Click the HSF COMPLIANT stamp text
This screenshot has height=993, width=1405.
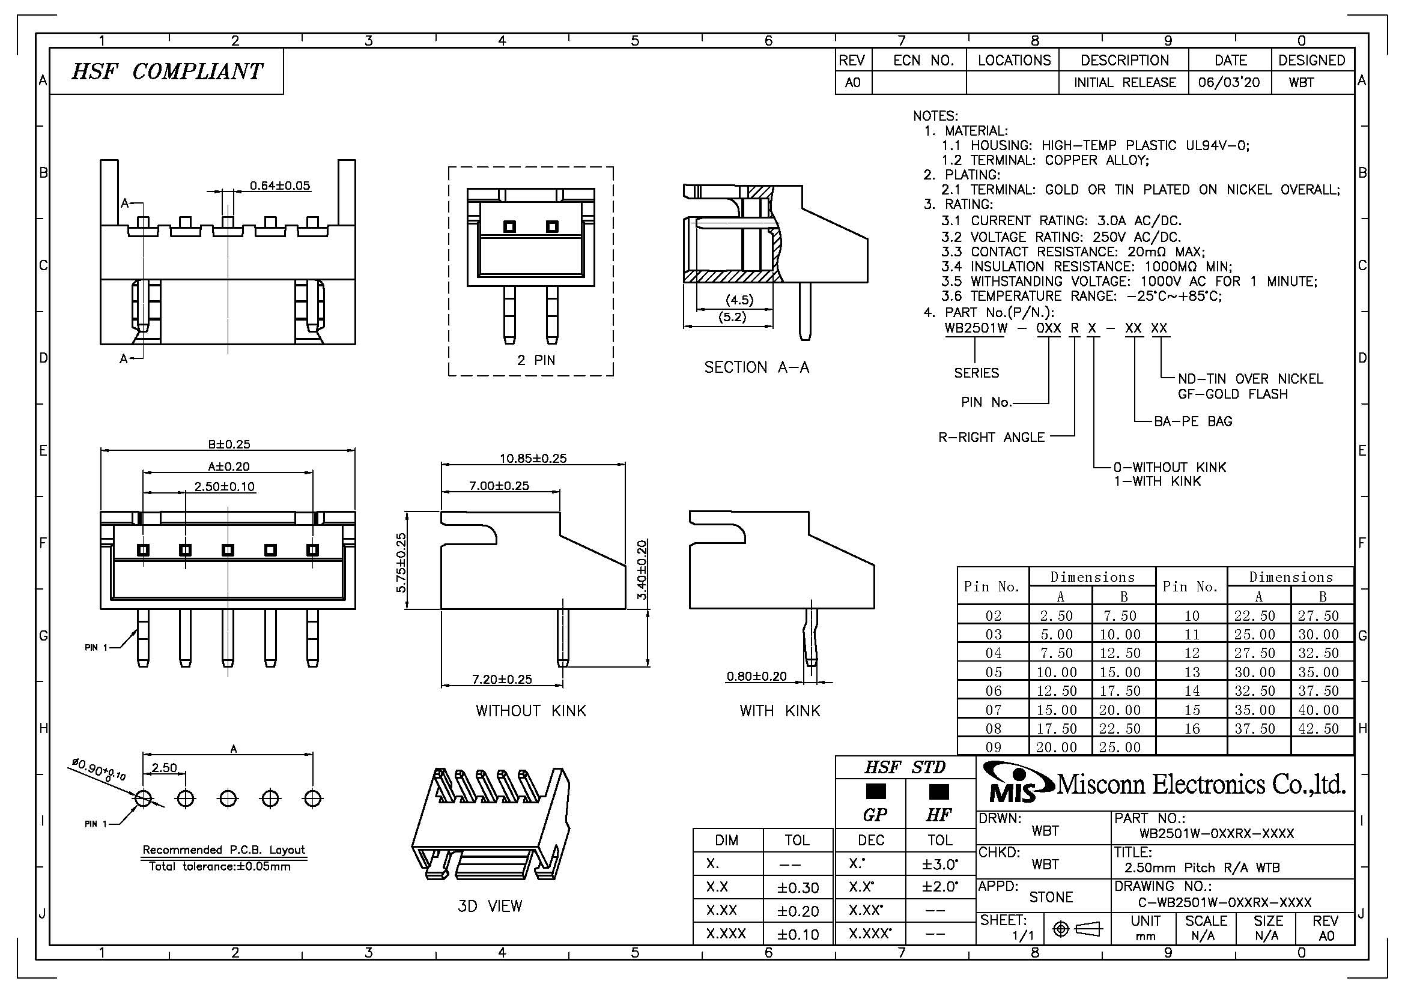click(167, 71)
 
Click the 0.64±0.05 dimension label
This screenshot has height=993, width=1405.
click(280, 186)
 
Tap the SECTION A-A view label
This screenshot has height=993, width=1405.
click(756, 367)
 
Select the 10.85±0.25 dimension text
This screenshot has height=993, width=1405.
click(533, 458)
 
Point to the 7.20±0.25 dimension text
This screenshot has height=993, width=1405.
click(502, 679)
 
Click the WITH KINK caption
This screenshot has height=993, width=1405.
click(780, 710)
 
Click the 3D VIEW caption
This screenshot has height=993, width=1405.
click(490, 905)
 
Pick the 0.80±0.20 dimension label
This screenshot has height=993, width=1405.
click(756, 676)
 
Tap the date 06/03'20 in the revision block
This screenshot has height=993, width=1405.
click(1229, 82)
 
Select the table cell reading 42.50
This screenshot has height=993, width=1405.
click(1319, 728)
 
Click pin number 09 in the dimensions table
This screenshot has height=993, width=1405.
click(993, 747)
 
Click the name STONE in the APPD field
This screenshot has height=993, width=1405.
click(1051, 897)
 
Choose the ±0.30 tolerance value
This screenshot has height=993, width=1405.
click(797, 887)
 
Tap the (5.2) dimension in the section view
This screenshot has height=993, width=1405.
click(732, 318)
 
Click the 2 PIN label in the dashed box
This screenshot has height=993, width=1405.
click(536, 360)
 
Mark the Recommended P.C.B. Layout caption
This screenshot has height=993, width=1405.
click(224, 850)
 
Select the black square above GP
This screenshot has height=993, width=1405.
click(876, 791)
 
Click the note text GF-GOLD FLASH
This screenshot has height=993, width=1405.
click(1233, 394)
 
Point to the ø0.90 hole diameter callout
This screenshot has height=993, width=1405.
click(99, 770)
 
